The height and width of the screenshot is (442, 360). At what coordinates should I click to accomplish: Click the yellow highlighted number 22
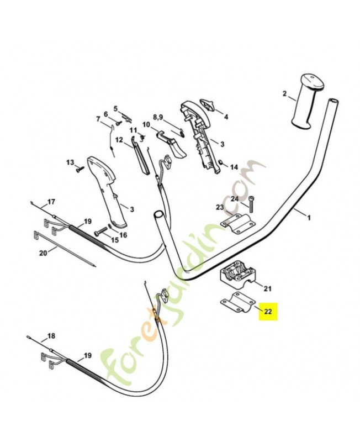[268, 312]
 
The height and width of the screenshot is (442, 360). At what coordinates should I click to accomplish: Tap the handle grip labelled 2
[307, 101]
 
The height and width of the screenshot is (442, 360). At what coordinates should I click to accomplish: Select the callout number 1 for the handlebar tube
[309, 218]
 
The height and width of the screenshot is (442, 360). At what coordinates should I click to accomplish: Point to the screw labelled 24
[251, 204]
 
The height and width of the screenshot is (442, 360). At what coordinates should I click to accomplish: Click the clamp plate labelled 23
[238, 224]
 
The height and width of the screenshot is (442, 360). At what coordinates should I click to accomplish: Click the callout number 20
[43, 254]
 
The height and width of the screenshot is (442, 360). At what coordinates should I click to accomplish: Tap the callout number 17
[51, 202]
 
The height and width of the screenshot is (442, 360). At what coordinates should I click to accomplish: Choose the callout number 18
[51, 336]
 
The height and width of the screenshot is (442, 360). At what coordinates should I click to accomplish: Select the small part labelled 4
[208, 106]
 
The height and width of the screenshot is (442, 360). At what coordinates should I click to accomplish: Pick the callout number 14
[234, 167]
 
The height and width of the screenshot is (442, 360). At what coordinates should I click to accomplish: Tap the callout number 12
[119, 140]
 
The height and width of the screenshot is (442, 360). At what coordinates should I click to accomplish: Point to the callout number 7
[98, 119]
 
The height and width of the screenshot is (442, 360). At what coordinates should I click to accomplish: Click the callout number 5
[115, 108]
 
